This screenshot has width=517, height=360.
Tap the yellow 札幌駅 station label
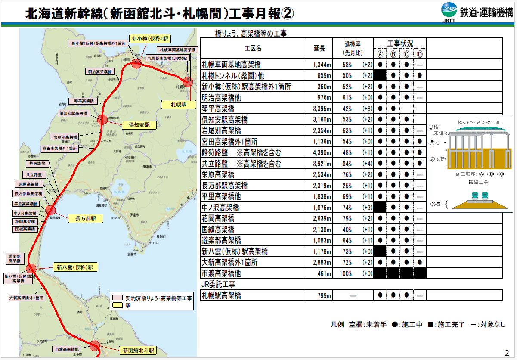tap(178, 104)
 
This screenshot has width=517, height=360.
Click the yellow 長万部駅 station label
tap(86, 218)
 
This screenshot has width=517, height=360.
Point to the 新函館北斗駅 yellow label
tap(137, 350)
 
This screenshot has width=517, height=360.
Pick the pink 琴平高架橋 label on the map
tap(83, 101)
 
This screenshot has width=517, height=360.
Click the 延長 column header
tap(319, 49)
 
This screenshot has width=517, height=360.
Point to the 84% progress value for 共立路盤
tap(347, 164)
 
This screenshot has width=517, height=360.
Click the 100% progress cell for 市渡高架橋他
tap(346, 273)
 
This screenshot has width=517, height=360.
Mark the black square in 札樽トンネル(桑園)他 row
tap(380, 76)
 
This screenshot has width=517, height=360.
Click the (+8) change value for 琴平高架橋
tap(367, 109)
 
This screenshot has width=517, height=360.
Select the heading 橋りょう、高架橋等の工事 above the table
tap(251, 33)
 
